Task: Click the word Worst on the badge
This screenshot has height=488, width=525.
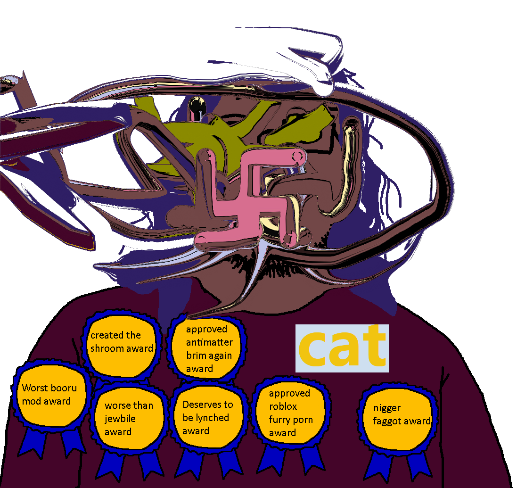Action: (x=35, y=389)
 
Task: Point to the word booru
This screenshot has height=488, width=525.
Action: (x=64, y=389)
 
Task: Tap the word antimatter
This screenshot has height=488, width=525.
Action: (x=209, y=342)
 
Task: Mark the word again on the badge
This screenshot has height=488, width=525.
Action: (x=220, y=356)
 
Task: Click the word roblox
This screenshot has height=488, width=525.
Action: (x=283, y=406)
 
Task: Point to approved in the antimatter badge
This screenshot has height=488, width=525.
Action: (x=206, y=329)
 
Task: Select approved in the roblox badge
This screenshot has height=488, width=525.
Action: (x=289, y=393)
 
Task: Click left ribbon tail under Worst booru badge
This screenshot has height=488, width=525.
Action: (x=35, y=443)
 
